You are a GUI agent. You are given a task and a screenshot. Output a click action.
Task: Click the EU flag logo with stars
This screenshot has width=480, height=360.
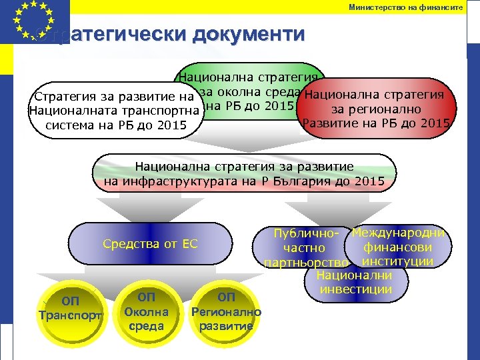(x=35, y=21)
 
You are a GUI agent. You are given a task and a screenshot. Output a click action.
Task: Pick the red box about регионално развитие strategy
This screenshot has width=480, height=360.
(x=377, y=109)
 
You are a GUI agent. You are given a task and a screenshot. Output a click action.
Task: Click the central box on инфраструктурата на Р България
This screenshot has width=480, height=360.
(x=244, y=173)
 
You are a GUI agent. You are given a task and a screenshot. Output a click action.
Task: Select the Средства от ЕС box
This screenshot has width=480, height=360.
(x=151, y=244)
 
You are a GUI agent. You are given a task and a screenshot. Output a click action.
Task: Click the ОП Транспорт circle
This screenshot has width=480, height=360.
(x=71, y=308)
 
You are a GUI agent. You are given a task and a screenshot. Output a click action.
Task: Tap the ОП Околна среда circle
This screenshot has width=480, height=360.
(x=146, y=309)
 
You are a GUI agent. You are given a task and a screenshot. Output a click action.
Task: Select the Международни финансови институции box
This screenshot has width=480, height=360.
(x=399, y=246)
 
